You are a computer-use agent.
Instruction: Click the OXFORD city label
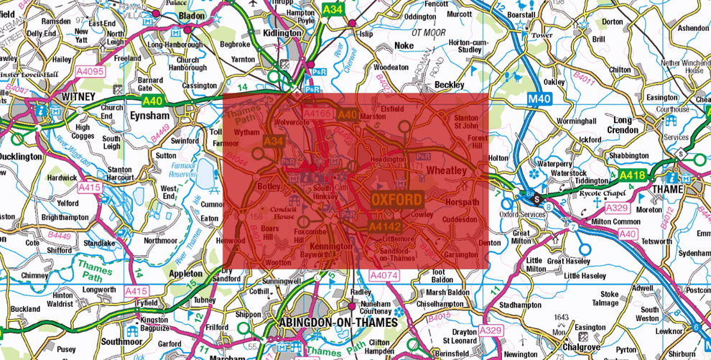click(x=396, y=198)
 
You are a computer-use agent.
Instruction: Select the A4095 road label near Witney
click(x=90, y=72)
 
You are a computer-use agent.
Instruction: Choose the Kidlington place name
click(x=282, y=33)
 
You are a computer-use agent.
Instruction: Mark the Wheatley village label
click(x=446, y=170)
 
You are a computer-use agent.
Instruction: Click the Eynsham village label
click(x=150, y=114)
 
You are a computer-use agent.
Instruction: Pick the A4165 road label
click(x=317, y=114)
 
